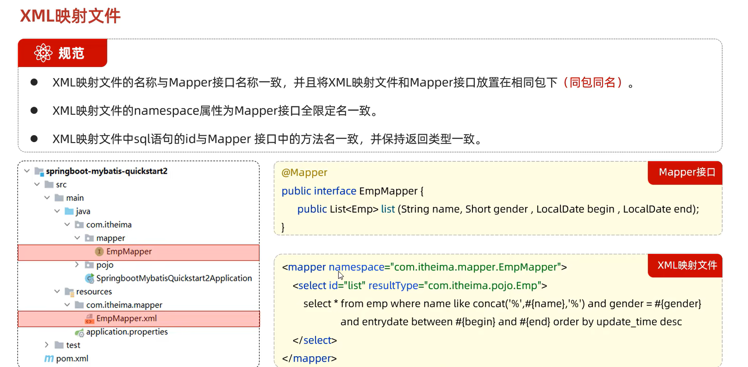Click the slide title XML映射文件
(70, 16)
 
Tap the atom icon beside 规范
(43, 53)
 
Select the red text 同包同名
(593, 82)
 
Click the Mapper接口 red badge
(686, 172)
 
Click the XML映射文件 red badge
(686, 265)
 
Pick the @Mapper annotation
(304, 173)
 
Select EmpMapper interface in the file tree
(129, 251)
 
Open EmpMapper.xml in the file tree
(126, 318)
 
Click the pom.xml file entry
(72, 359)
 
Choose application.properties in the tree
(127, 332)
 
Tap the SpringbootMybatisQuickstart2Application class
(174, 278)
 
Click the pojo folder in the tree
(104, 265)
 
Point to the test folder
(73, 345)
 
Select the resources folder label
(94, 292)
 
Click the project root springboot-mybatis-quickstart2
(107, 171)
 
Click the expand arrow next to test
(47, 345)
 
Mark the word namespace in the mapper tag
(356, 267)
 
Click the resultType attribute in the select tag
(393, 285)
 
